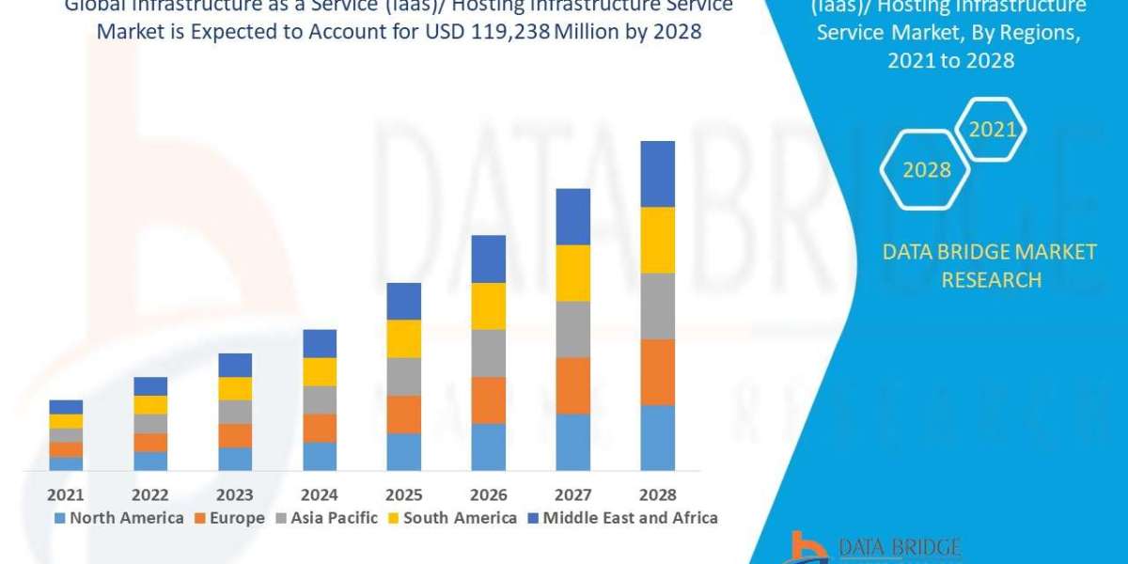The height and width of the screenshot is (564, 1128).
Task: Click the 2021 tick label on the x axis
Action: click(66, 494)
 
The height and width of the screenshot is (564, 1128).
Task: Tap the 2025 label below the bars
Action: click(403, 494)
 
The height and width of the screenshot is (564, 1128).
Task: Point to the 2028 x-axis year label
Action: click(657, 494)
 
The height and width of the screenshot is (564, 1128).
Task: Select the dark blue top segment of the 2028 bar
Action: click(657, 174)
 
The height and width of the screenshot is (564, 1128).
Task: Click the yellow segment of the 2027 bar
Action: click(572, 273)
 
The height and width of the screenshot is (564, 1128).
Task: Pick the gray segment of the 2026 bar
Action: click(488, 353)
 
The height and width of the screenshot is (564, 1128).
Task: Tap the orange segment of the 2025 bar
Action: click(403, 415)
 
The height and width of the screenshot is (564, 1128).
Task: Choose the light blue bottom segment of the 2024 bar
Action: click(320, 456)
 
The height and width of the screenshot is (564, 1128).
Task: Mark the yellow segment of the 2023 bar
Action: click(235, 388)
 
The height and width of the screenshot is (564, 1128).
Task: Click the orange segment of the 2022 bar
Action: click(150, 443)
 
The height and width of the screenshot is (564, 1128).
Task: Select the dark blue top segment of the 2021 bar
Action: click(66, 407)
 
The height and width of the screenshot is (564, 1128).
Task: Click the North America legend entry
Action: click(118, 518)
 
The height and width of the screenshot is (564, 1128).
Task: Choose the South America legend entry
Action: click(452, 518)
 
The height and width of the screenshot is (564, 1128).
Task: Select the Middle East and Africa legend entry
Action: click(621, 518)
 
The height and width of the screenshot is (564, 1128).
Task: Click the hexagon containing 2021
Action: click(992, 130)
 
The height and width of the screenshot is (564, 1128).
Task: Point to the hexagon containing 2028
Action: click(926, 170)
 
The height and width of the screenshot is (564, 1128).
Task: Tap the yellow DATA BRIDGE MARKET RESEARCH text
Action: click(991, 266)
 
